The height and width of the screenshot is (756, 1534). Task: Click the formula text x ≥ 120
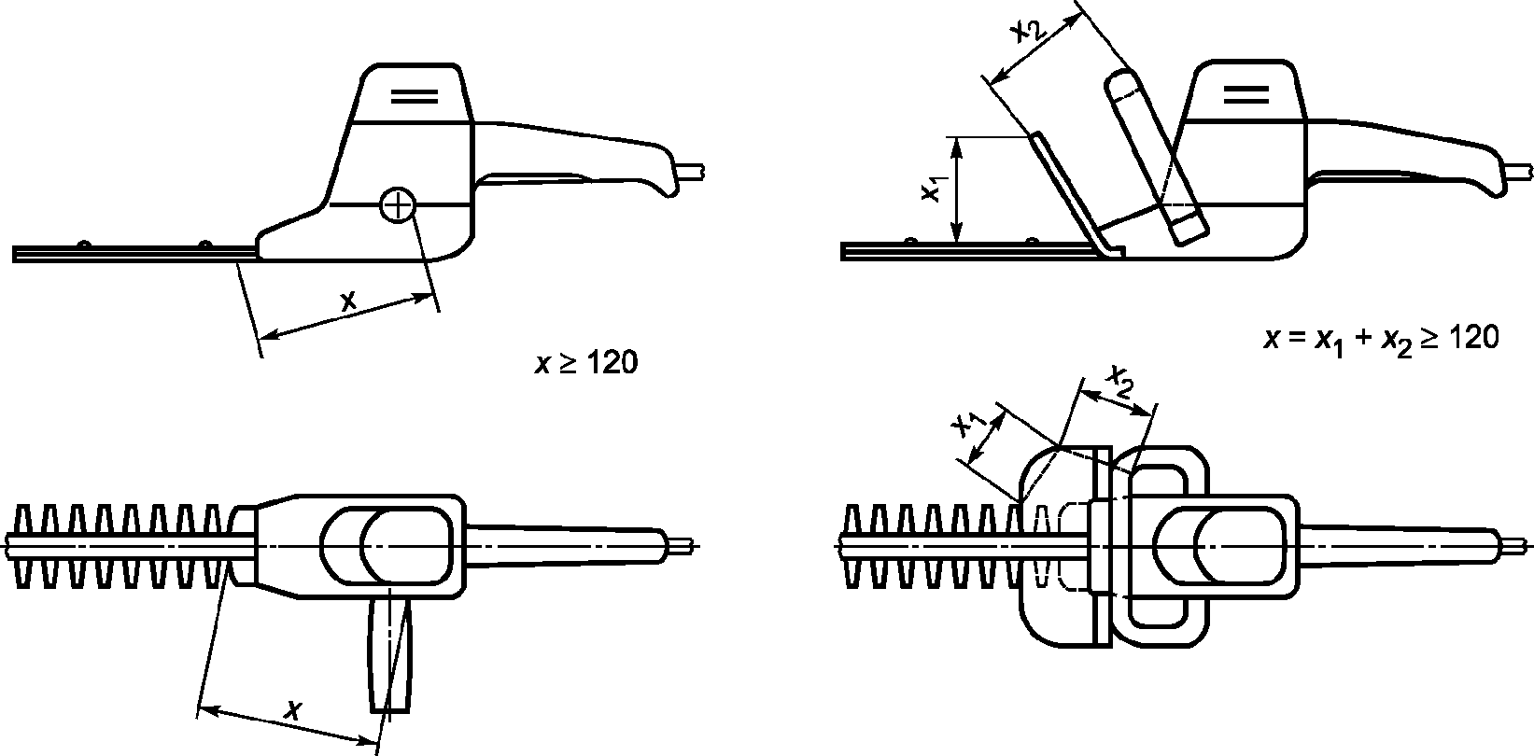(586, 363)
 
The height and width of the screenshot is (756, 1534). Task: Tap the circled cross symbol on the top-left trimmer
(398, 204)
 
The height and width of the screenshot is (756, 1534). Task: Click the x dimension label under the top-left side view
(347, 301)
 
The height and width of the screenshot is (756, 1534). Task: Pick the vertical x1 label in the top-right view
(930, 189)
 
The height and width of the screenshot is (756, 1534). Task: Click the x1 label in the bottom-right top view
(965, 425)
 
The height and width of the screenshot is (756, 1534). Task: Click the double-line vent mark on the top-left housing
(415, 95)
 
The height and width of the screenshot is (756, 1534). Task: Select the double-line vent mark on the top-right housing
(1245, 92)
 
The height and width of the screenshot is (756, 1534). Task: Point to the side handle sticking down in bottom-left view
(389, 653)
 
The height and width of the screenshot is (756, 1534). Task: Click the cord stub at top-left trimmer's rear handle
(692, 172)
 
